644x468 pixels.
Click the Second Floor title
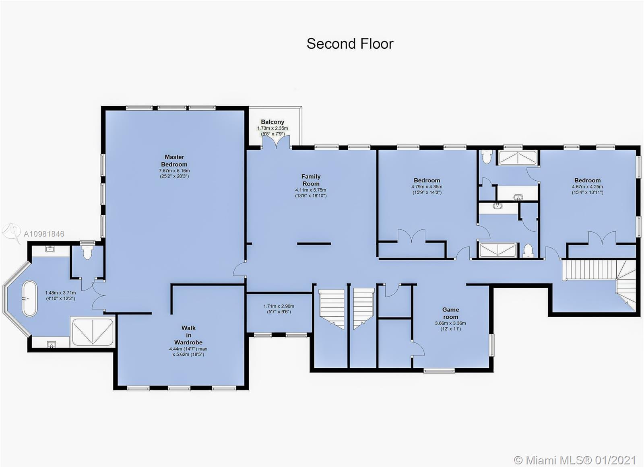[350, 44]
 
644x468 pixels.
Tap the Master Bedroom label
[174, 161]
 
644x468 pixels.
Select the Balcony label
[272, 122]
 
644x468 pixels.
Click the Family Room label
[311, 180]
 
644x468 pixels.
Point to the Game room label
[450, 313]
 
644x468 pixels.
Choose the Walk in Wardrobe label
[188, 335]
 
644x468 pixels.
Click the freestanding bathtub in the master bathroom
[30, 299]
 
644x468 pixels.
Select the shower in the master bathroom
[92, 332]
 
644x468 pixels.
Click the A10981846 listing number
[44, 234]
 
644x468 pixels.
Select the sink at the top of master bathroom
[50, 249]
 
